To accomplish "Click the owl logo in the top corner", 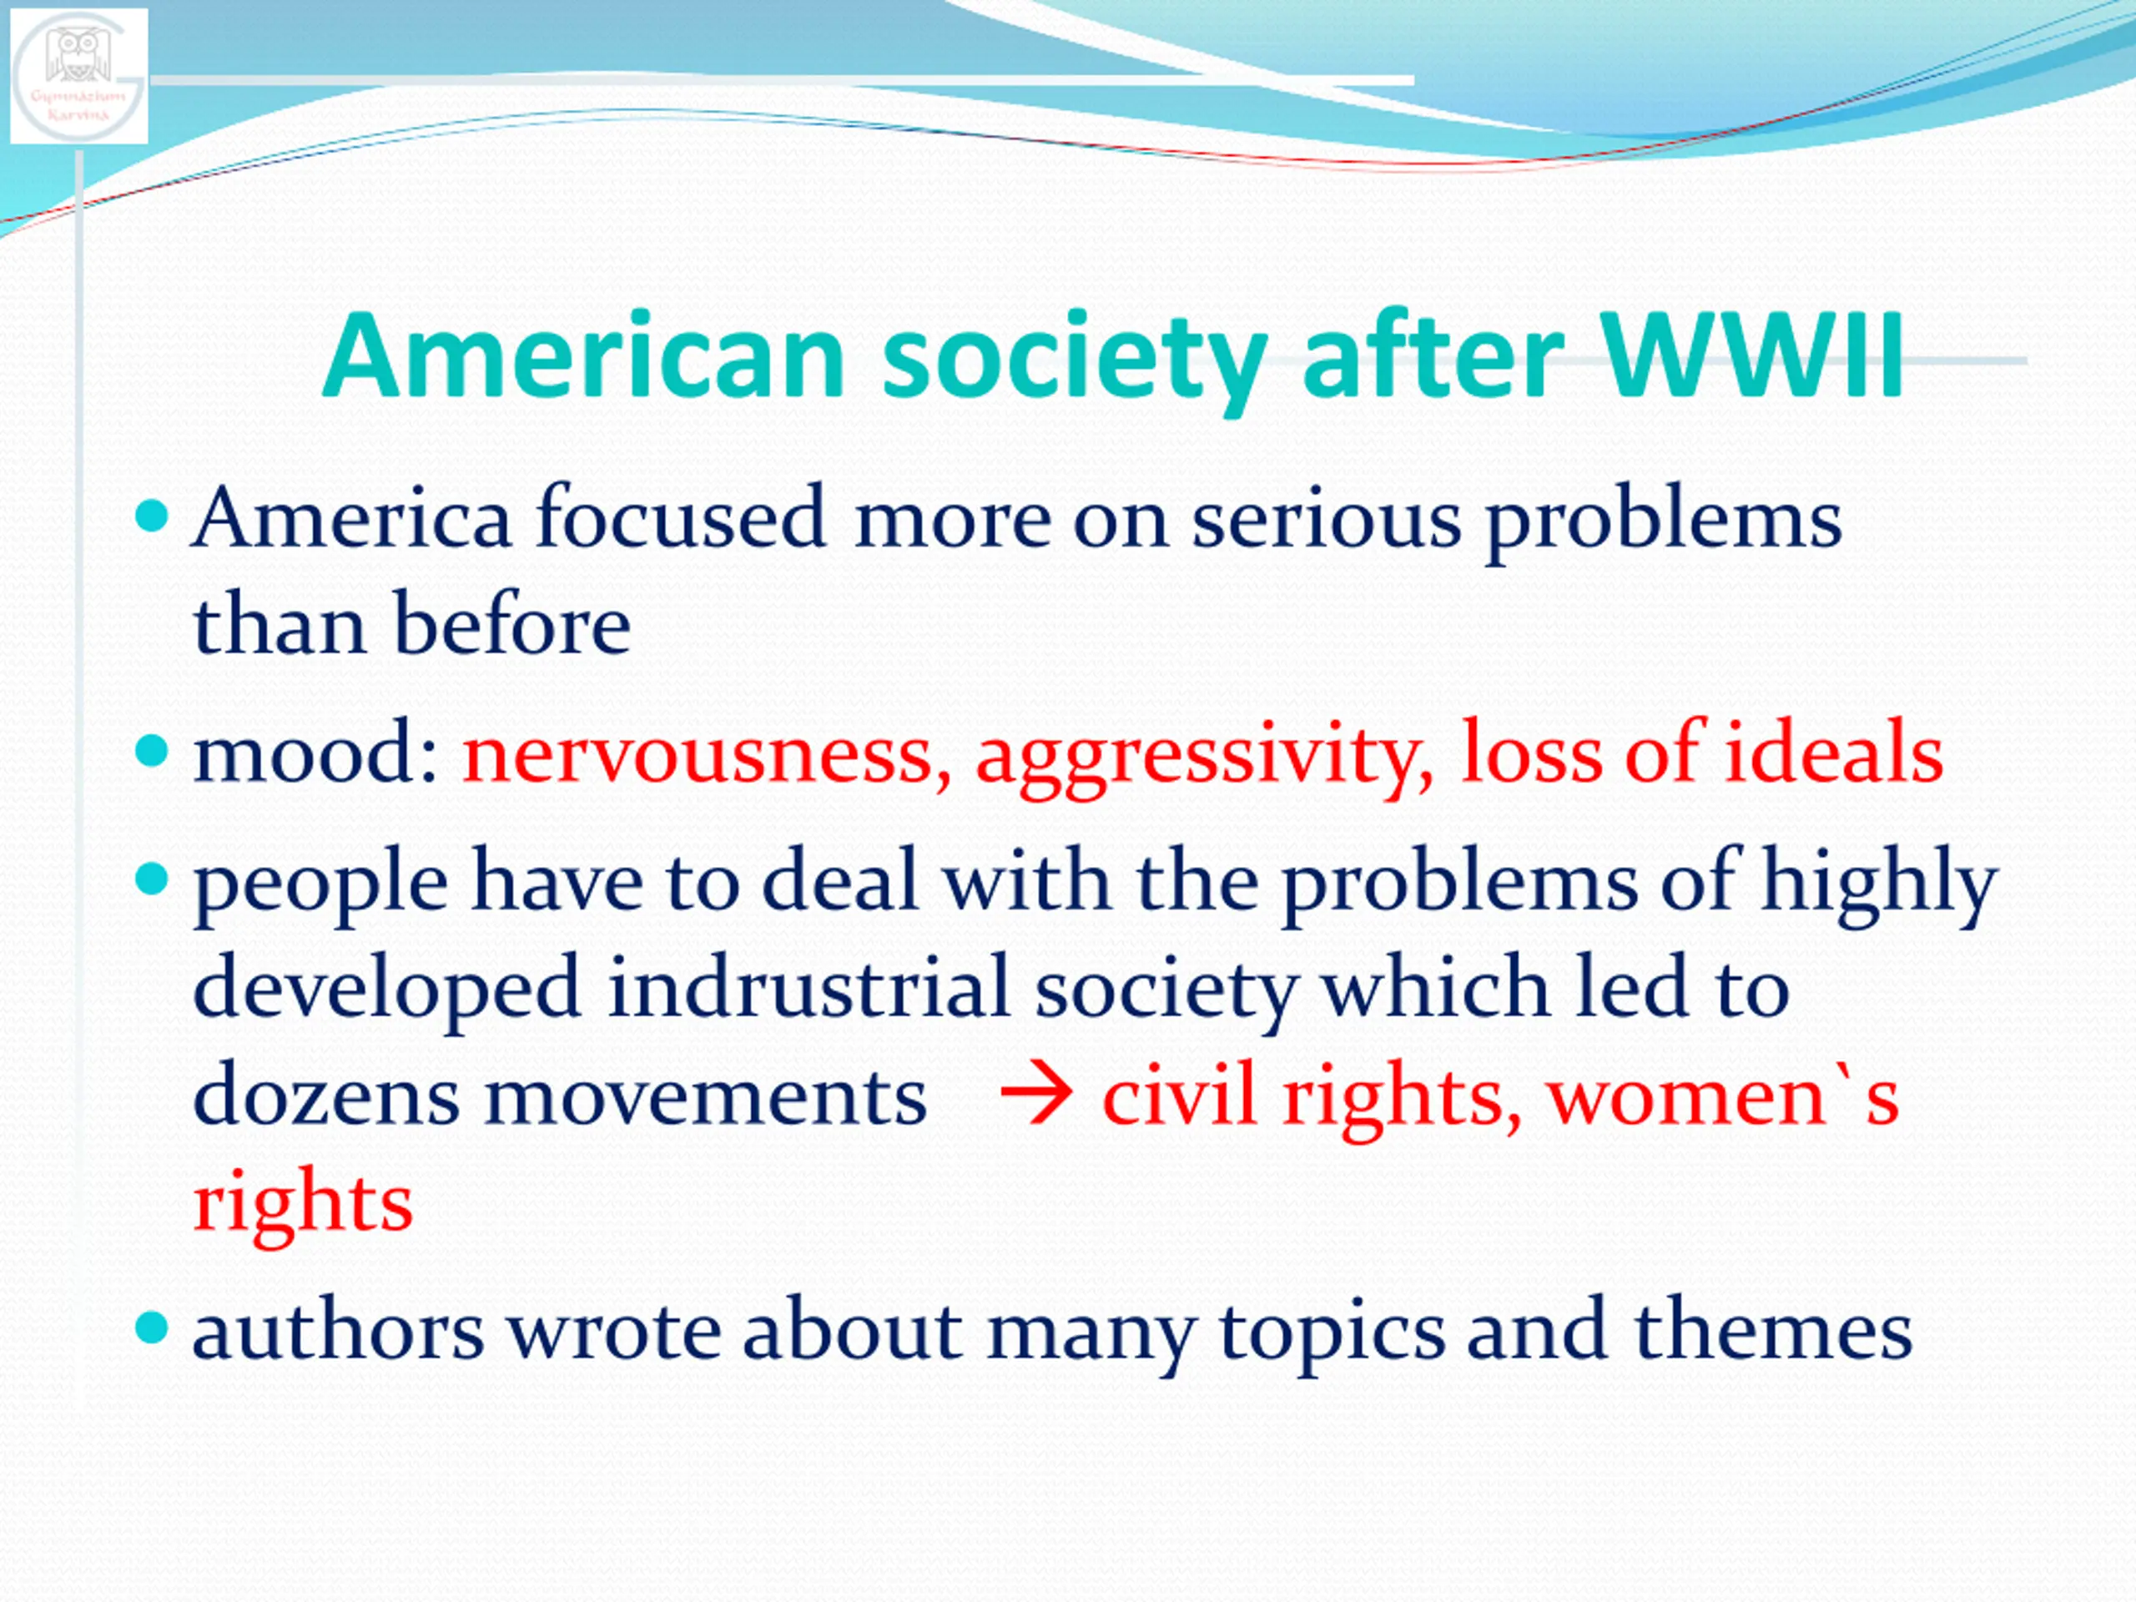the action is (79, 75).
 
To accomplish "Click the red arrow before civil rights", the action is (1036, 1095).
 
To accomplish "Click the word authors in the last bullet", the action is (338, 1330).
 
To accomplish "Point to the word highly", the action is (1879, 884).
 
